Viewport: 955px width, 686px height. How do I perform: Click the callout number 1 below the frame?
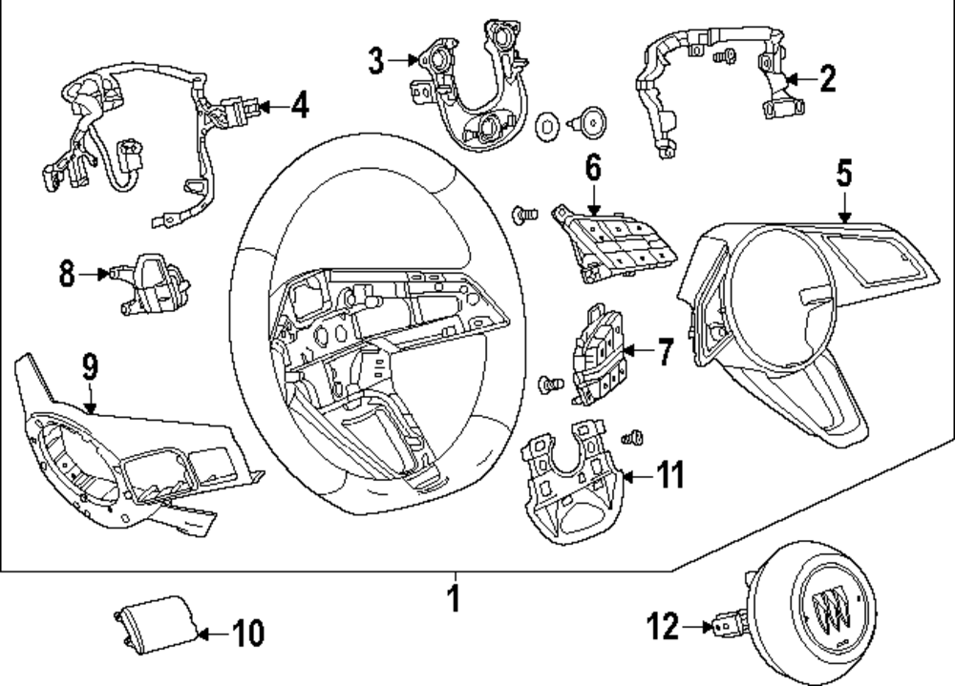454,598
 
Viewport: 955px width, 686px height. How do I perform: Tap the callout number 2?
827,79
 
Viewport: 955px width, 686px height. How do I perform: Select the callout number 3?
376,61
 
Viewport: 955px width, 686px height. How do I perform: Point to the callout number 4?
300,105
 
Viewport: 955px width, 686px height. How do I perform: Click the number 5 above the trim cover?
843,173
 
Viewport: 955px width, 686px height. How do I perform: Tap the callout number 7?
665,352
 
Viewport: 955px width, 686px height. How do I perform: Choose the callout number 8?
67,273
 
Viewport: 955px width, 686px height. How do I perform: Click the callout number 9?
90,367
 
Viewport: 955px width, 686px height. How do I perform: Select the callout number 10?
248,634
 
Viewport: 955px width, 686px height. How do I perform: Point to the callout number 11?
670,475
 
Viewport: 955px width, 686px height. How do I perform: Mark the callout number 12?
663,626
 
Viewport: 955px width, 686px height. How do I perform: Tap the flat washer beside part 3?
547,127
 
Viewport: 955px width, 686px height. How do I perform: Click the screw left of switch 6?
524,215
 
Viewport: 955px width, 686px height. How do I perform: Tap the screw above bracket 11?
633,437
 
